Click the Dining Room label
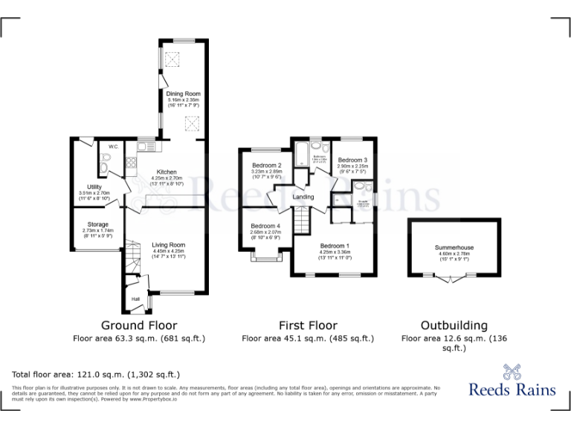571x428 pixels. [184, 94]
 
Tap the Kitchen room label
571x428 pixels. [166, 172]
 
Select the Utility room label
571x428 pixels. [94, 187]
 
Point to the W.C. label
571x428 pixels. [114, 146]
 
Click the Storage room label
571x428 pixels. [97, 224]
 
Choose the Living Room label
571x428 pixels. [168, 244]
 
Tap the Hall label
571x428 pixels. [136, 299]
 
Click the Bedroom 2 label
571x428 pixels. [266, 165]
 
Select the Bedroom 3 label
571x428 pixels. [352, 160]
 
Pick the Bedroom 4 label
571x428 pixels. [265, 226]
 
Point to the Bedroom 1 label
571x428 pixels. [335, 246]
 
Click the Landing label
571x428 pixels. [303, 197]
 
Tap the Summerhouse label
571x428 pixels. [454, 247]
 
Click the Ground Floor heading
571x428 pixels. [139, 325]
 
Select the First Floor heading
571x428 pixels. [308, 325]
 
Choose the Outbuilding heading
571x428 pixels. [454, 325]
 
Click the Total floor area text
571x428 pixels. [96, 374]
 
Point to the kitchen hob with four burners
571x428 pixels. [131, 164]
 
